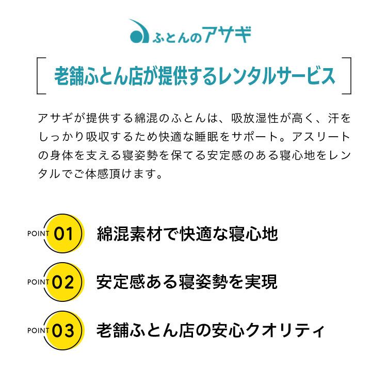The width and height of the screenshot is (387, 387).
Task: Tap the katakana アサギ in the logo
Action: [227, 35]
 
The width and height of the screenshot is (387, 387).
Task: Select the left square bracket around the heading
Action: [41, 76]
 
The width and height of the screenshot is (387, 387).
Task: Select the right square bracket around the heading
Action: [347, 76]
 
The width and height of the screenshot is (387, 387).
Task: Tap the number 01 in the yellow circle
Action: [63, 234]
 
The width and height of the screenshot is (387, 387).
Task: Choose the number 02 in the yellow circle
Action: [63, 282]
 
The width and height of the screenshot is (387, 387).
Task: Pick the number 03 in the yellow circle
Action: [63, 330]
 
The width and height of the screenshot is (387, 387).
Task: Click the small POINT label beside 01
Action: [38, 233]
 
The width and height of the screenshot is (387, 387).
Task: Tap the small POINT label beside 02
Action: [38, 282]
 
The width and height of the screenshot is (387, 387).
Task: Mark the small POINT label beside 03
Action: [38, 330]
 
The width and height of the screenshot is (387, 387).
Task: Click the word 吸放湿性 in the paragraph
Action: [255, 118]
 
